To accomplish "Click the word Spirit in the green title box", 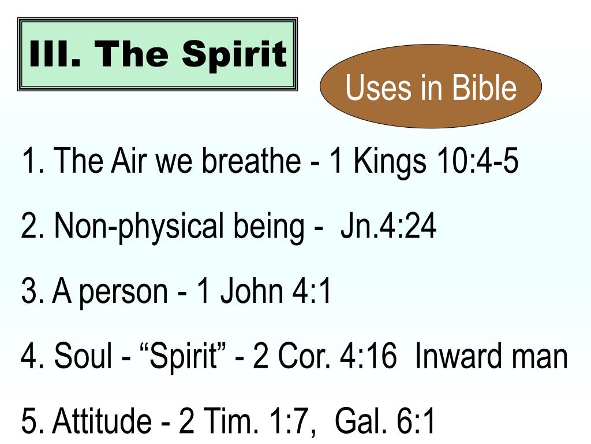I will click(234, 54).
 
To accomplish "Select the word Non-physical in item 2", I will click(139, 228).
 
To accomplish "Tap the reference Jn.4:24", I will click(388, 228).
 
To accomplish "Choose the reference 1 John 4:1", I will click(264, 292).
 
